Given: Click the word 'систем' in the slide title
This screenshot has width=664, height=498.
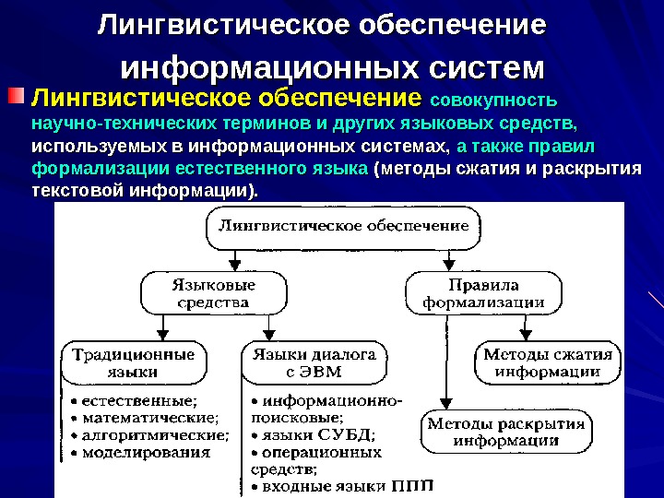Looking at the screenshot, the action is [x=486, y=68].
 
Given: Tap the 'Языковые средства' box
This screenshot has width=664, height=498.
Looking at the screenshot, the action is [x=209, y=292].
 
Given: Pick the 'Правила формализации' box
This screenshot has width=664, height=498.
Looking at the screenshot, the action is [x=482, y=292].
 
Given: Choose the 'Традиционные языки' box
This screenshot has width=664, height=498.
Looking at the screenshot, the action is [x=134, y=362].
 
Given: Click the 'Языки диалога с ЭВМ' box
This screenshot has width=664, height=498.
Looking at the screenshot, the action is [x=314, y=362].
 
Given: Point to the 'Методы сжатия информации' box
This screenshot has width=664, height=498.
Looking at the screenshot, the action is [x=548, y=362].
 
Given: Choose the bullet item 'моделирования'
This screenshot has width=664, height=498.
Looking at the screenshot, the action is [x=146, y=452].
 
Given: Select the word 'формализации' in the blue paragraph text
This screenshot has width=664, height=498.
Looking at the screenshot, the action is [x=88, y=170].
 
